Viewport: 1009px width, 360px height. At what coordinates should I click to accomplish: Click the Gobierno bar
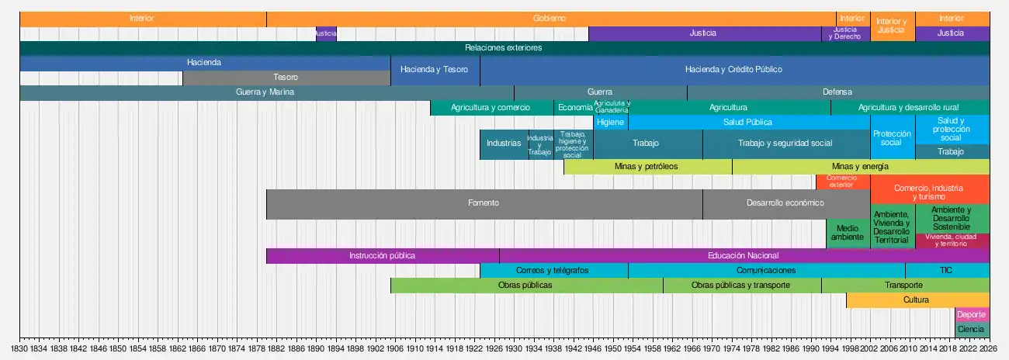[550, 19]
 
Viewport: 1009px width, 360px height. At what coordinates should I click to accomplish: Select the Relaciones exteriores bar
[504, 48]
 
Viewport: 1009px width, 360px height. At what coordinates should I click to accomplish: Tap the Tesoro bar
[286, 78]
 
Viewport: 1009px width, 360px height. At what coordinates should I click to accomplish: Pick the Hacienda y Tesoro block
[435, 70]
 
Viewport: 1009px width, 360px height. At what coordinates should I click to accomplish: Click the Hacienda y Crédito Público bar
[733, 70]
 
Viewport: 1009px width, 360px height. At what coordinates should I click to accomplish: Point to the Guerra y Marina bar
[265, 92]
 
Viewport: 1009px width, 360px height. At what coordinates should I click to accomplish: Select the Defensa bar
[837, 92]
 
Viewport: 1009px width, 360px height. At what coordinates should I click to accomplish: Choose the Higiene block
[610, 123]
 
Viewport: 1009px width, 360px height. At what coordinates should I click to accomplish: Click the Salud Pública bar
[748, 123]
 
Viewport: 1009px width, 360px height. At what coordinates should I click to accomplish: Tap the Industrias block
[504, 144]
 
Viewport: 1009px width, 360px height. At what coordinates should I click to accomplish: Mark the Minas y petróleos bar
[647, 167]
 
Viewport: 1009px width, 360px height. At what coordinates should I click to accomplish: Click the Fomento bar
[484, 203]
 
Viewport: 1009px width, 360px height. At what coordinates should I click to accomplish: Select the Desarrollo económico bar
[785, 203]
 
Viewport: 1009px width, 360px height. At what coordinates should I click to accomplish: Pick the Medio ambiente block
[848, 234]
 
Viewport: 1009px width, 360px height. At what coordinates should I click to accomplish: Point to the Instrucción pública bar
[382, 256]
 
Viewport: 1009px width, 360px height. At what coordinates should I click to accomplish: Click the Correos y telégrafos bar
[553, 271]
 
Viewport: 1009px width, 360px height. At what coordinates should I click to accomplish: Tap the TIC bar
[946, 271]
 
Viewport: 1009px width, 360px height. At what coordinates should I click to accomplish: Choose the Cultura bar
[917, 300]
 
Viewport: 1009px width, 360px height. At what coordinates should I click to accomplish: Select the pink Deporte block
[972, 315]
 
